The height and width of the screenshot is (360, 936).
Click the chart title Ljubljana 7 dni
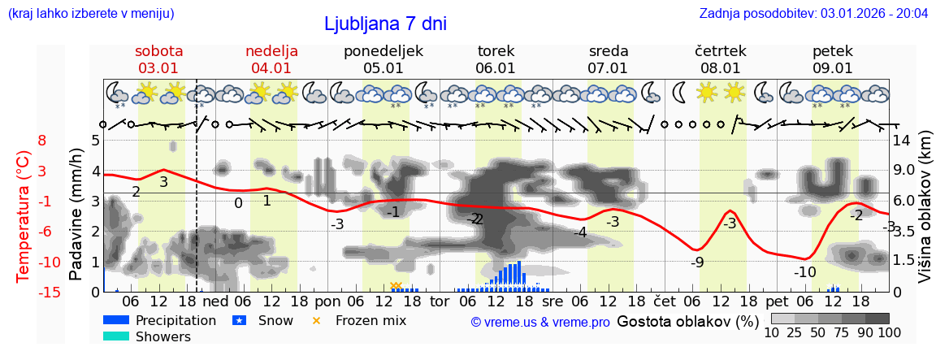coord(385,24)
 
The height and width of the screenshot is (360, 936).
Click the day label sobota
coord(158,51)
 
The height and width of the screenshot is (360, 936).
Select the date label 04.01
coord(271,68)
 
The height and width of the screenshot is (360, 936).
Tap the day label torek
coord(496,51)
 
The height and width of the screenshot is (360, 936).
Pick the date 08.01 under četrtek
coord(721,68)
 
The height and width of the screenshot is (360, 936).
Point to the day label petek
coord(833,51)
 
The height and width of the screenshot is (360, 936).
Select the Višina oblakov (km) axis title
coord(925,215)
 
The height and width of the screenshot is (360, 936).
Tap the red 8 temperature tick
coord(42,141)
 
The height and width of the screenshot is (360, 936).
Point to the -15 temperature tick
coord(50,293)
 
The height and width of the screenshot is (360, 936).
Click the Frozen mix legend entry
coord(370,320)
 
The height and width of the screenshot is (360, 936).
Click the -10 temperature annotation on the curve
coord(804,272)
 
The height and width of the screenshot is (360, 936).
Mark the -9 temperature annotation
coord(697,262)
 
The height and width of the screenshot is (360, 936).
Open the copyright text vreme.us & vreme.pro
coord(540,322)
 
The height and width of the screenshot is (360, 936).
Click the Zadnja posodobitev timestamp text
coord(813,14)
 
